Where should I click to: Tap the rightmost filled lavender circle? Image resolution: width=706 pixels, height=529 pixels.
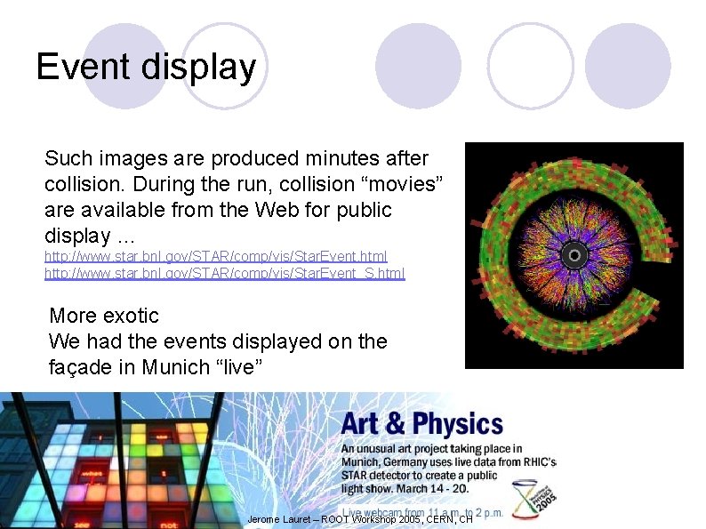click(628, 66)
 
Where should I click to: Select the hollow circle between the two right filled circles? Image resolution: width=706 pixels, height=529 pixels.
click(530, 66)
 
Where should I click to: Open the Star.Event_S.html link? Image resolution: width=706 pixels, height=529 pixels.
click(224, 273)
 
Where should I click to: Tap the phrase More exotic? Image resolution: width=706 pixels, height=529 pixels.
click(104, 316)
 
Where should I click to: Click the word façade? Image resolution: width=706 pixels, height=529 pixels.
click(82, 367)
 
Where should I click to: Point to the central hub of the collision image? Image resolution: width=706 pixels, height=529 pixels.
click(574, 256)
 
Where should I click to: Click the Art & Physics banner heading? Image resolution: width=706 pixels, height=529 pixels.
click(421, 423)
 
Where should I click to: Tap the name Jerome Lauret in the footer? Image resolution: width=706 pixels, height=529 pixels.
click(280, 519)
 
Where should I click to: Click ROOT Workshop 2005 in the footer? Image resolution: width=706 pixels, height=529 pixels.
click(363, 519)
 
